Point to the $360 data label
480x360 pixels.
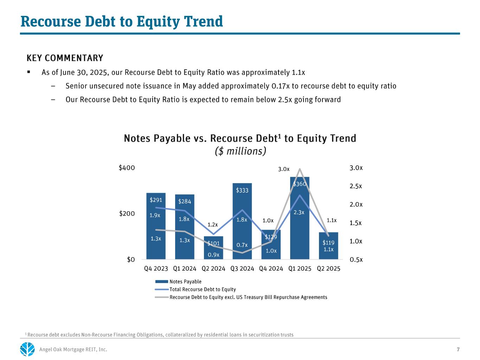[x=300, y=184]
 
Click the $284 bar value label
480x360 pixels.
[x=184, y=201]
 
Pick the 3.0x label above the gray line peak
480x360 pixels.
[x=284, y=169]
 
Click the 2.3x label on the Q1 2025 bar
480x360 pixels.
[x=299, y=212]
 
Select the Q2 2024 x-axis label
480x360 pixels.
[x=213, y=269]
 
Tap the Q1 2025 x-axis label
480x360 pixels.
[x=300, y=269]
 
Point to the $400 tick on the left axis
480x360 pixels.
[x=127, y=168]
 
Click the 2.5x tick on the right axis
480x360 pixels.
[x=356, y=186]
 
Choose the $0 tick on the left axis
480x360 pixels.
[x=131, y=259]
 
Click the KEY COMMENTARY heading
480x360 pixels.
[x=65, y=58]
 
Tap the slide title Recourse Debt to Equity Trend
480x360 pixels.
[x=122, y=21]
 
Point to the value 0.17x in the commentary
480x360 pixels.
[x=276, y=86]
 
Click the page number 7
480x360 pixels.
[x=458, y=349]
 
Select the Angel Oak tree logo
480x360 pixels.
[x=27, y=349]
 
